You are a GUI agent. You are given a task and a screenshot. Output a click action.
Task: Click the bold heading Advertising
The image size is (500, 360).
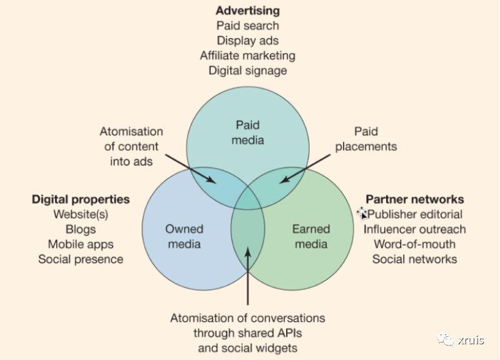coord(248,11)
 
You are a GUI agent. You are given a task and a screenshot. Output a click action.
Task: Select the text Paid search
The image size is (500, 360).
coord(248,26)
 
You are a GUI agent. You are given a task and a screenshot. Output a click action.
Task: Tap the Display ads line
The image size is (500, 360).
coord(248,41)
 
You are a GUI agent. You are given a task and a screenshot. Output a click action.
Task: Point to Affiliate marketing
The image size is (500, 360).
coord(248,56)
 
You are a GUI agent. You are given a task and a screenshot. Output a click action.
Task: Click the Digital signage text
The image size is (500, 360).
coord(248,71)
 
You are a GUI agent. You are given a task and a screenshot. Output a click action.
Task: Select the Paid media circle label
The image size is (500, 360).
coord(248,133)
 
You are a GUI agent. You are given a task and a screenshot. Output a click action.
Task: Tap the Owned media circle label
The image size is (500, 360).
coord(185,237)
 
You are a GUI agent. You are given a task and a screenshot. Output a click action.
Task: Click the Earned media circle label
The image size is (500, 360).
coord(311,237)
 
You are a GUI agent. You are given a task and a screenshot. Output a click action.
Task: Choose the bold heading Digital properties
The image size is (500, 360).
coord(81,199)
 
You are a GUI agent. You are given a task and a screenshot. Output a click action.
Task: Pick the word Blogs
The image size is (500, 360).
coord(81,229)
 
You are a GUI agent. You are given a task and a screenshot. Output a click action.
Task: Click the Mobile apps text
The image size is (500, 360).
coord(81,244)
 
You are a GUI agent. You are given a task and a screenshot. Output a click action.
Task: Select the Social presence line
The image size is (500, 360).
coord(81,259)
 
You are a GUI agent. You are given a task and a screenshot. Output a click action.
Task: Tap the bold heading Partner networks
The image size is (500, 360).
coord(415,199)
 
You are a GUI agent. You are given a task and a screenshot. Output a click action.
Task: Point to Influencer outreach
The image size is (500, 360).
coord(415,229)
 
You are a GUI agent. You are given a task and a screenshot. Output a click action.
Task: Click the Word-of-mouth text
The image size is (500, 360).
coord(415,244)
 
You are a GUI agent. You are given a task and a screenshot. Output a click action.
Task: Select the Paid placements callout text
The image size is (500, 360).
coord(366,139)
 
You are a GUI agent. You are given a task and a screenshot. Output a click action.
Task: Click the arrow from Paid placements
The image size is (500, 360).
coord(305,169)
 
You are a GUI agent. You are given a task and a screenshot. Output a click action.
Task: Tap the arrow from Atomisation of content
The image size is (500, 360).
coord(191,169)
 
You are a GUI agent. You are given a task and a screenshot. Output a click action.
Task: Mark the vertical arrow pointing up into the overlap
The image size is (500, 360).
coord(248,275)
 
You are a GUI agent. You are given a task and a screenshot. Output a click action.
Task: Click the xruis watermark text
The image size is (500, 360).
coord(471,340)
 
